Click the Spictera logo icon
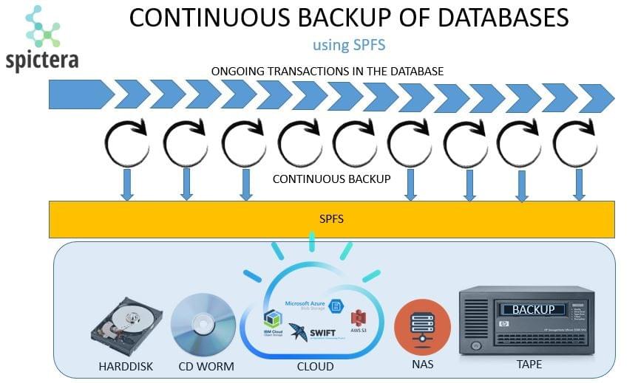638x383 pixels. [x=43, y=27]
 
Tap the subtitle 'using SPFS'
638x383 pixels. [x=349, y=45]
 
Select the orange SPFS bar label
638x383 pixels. [x=330, y=220]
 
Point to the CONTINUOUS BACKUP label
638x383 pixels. [x=331, y=179]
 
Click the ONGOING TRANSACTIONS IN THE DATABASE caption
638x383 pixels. [x=328, y=72]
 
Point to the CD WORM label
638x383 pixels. [x=206, y=367]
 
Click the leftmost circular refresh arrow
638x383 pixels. [x=126, y=144]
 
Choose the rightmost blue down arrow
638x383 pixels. [x=580, y=184]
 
